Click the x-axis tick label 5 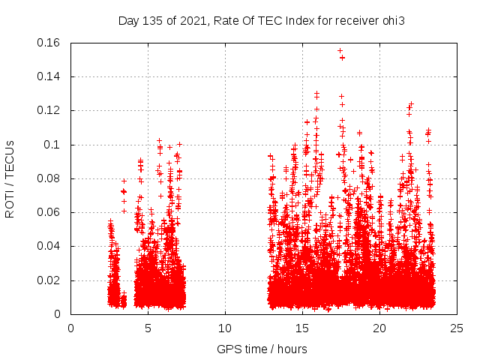(148, 328)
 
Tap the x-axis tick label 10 (225, 328)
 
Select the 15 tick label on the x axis (302, 328)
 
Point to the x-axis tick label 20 (379, 328)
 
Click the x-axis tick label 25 (457, 328)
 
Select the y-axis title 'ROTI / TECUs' (10, 178)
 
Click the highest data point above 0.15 (340, 51)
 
